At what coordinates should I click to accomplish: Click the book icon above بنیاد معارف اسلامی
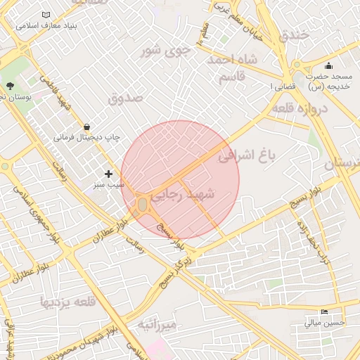pyautogui.click(x=46, y=15)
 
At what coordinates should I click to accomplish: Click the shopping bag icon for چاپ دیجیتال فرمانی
pyautogui.click(x=86, y=127)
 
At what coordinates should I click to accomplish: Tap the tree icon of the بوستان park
pyautogui.click(x=10, y=86)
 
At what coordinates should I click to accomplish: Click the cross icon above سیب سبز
pyautogui.click(x=108, y=174)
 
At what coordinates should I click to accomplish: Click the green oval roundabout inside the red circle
pyautogui.click(x=143, y=204)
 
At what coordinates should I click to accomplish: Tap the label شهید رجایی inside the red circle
pyautogui.click(x=188, y=196)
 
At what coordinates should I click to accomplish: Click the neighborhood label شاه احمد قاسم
pyautogui.click(x=230, y=69)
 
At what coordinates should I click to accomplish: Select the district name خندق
pyautogui.click(x=293, y=34)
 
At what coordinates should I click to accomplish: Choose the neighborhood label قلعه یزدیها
pyautogui.click(x=67, y=303)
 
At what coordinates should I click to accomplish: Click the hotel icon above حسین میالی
pyautogui.click(x=324, y=311)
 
